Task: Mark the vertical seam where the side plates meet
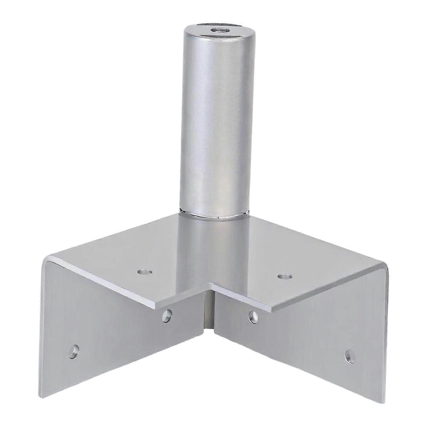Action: (x=209, y=315)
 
